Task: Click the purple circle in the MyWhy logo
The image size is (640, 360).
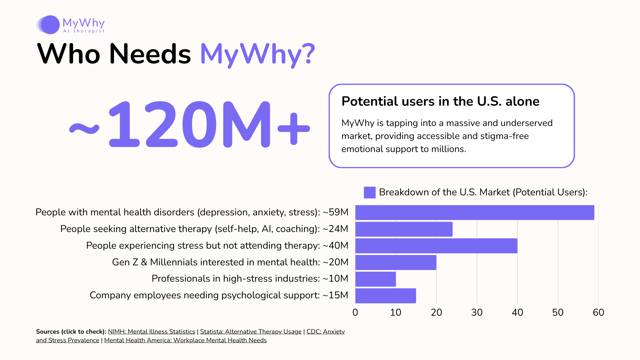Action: [x=50, y=25]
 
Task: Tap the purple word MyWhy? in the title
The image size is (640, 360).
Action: [x=257, y=54]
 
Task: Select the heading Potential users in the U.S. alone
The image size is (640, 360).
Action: [x=440, y=101]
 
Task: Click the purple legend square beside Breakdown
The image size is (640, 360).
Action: [x=369, y=192]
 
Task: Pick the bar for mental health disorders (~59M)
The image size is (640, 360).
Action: [x=475, y=213]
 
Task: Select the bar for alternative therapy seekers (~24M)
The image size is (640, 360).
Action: [x=404, y=229]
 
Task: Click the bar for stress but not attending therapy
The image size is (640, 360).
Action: [x=436, y=246]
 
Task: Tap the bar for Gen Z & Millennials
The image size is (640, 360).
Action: [x=396, y=263]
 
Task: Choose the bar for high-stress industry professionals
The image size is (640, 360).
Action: [x=376, y=279]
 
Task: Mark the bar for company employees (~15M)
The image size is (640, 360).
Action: [x=386, y=296]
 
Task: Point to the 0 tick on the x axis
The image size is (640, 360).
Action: [x=355, y=312]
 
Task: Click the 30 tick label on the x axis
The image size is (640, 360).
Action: [x=477, y=312]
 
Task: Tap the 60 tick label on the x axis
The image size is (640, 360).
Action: [x=598, y=312]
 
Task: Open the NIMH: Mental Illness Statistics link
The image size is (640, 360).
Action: [x=151, y=332]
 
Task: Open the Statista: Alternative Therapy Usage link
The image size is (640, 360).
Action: [x=251, y=332]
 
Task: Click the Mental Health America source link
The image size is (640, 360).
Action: [x=185, y=340]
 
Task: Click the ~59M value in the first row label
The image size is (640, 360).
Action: [x=335, y=212]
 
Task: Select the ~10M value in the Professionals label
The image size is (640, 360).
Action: [x=335, y=279]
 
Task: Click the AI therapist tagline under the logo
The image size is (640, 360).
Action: [x=84, y=31]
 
